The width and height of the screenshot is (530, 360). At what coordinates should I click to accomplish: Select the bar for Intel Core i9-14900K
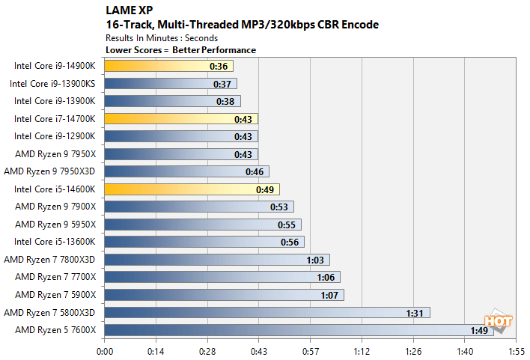click(x=168, y=66)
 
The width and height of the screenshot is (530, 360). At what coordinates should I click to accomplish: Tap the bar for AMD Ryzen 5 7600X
click(x=299, y=330)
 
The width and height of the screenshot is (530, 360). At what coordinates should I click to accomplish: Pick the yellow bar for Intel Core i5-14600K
click(x=192, y=189)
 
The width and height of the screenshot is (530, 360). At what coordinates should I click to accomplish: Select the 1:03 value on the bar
click(x=314, y=260)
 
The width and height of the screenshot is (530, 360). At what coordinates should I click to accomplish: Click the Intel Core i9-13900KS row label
click(x=53, y=83)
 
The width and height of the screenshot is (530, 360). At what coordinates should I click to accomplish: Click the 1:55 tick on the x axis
click(x=516, y=350)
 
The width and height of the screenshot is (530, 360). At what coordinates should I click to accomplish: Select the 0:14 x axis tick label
click(x=156, y=350)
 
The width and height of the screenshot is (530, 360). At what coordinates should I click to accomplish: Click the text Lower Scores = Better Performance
click(x=180, y=50)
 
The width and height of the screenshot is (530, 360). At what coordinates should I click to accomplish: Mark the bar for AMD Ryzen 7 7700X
click(x=222, y=277)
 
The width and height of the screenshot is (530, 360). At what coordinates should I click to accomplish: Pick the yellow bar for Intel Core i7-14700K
click(x=181, y=119)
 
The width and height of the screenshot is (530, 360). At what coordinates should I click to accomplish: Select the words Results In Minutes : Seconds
click(x=162, y=37)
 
